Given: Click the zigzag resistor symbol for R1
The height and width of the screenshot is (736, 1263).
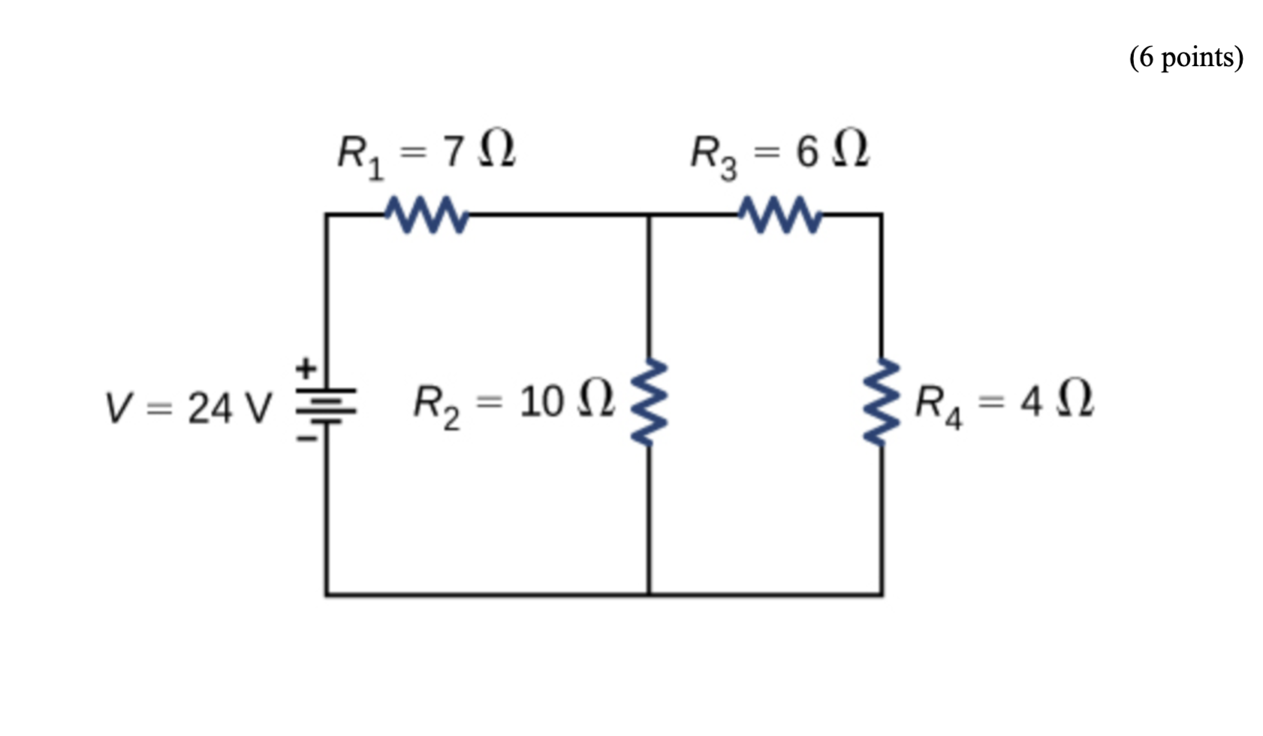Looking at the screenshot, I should (x=427, y=215).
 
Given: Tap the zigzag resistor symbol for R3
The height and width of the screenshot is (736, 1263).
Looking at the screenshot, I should (x=779, y=215).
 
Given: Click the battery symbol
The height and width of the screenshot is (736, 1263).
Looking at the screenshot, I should (x=326, y=406).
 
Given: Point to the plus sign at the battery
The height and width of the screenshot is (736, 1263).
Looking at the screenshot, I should (x=305, y=369).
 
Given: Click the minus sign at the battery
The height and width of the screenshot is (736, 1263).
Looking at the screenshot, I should (x=305, y=438).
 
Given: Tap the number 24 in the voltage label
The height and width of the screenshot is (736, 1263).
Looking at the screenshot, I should (x=209, y=409).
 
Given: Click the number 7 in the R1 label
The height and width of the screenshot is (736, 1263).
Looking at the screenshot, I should (x=453, y=152).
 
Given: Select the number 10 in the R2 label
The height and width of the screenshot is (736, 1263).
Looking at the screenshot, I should (x=541, y=402).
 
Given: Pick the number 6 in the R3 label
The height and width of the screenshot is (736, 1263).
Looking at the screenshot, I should (x=806, y=152).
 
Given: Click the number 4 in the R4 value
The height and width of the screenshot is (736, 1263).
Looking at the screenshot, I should (x=1030, y=402).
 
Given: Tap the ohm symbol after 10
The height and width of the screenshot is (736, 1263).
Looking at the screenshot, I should (x=596, y=399).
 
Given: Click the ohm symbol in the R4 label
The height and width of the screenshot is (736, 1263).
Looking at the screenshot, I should (x=1075, y=399).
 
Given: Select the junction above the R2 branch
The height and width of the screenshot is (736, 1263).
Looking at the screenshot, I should (x=649, y=215).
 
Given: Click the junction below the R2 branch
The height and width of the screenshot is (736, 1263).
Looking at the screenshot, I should (x=649, y=595).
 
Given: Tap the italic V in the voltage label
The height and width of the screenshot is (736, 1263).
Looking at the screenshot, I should (x=119, y=409).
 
